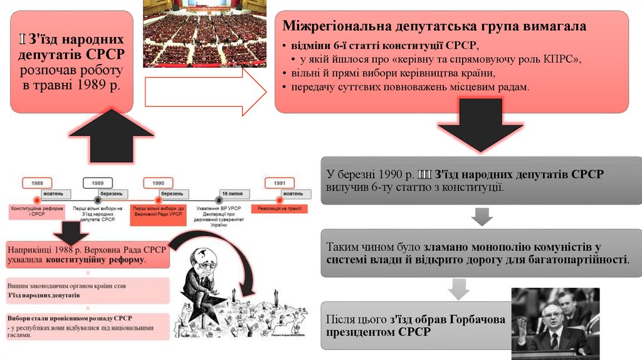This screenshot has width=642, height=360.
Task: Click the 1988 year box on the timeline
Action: tap(37, 183)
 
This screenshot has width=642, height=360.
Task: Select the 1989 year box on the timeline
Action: tap(98, 183)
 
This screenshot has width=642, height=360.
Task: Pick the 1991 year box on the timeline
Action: tap(280, 183)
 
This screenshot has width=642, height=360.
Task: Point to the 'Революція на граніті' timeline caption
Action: tap(280, 208)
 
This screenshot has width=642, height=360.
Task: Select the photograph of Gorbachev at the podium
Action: tap(555, 323)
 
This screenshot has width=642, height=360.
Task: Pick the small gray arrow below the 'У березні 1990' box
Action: tap(481, 217)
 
